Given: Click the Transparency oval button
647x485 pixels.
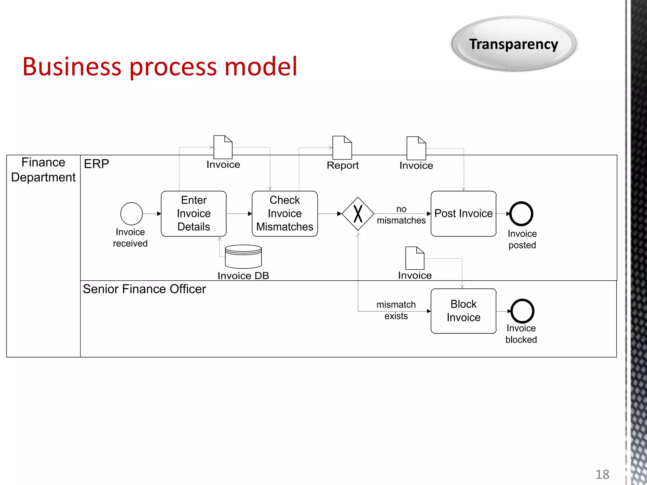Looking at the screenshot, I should point(514,44).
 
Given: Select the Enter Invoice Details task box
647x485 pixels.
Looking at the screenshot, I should point(194,213).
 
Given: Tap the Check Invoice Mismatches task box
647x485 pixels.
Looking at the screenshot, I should point(285,213).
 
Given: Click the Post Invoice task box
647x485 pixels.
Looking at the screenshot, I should point(463,213).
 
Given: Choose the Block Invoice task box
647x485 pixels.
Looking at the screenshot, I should point(463,311).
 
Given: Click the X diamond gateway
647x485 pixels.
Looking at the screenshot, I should point(358,214).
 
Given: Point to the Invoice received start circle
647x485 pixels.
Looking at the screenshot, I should point(131,214).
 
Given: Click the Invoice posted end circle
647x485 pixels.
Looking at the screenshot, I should point(521,214).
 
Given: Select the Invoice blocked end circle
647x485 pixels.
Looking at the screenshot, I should point(522,311).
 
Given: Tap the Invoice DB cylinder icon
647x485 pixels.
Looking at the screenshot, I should point(243,256).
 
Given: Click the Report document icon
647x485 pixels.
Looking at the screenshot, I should point(342,148).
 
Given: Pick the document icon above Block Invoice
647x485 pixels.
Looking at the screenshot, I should point(415,258).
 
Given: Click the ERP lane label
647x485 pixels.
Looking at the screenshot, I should point(96,164).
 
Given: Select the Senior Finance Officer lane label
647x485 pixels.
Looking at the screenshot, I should point(144,289).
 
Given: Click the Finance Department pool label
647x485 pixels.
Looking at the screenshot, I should point(43,170).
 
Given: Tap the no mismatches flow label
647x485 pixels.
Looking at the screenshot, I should point(401,215).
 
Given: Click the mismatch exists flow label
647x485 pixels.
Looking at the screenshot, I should point(396,310).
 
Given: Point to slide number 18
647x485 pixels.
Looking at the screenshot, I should point(602,474).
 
